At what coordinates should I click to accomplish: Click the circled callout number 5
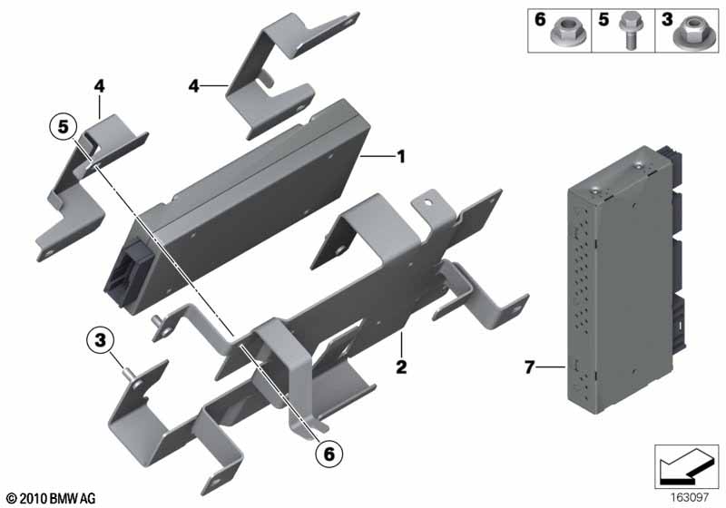pos(63,126)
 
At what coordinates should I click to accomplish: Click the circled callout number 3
pos(100,340)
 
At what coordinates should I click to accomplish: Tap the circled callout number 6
pos(329,454)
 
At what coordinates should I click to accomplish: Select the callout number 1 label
pos(401,156)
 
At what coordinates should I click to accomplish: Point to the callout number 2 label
pos(401,366)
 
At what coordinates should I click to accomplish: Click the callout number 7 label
pos(529,367)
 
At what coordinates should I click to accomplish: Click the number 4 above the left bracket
pos(99,85)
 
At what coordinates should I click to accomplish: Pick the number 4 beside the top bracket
pos(193,85)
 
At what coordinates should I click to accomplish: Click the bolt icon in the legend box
pos(628,31)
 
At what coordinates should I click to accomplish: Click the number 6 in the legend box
pos(540,19)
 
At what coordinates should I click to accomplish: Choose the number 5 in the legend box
pos(603,19)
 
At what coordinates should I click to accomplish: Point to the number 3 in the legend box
pos(667,19)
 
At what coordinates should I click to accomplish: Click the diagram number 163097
pos(690,497)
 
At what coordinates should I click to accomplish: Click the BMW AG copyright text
pos(52,498)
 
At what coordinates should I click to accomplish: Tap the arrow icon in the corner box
pos(686,466)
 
